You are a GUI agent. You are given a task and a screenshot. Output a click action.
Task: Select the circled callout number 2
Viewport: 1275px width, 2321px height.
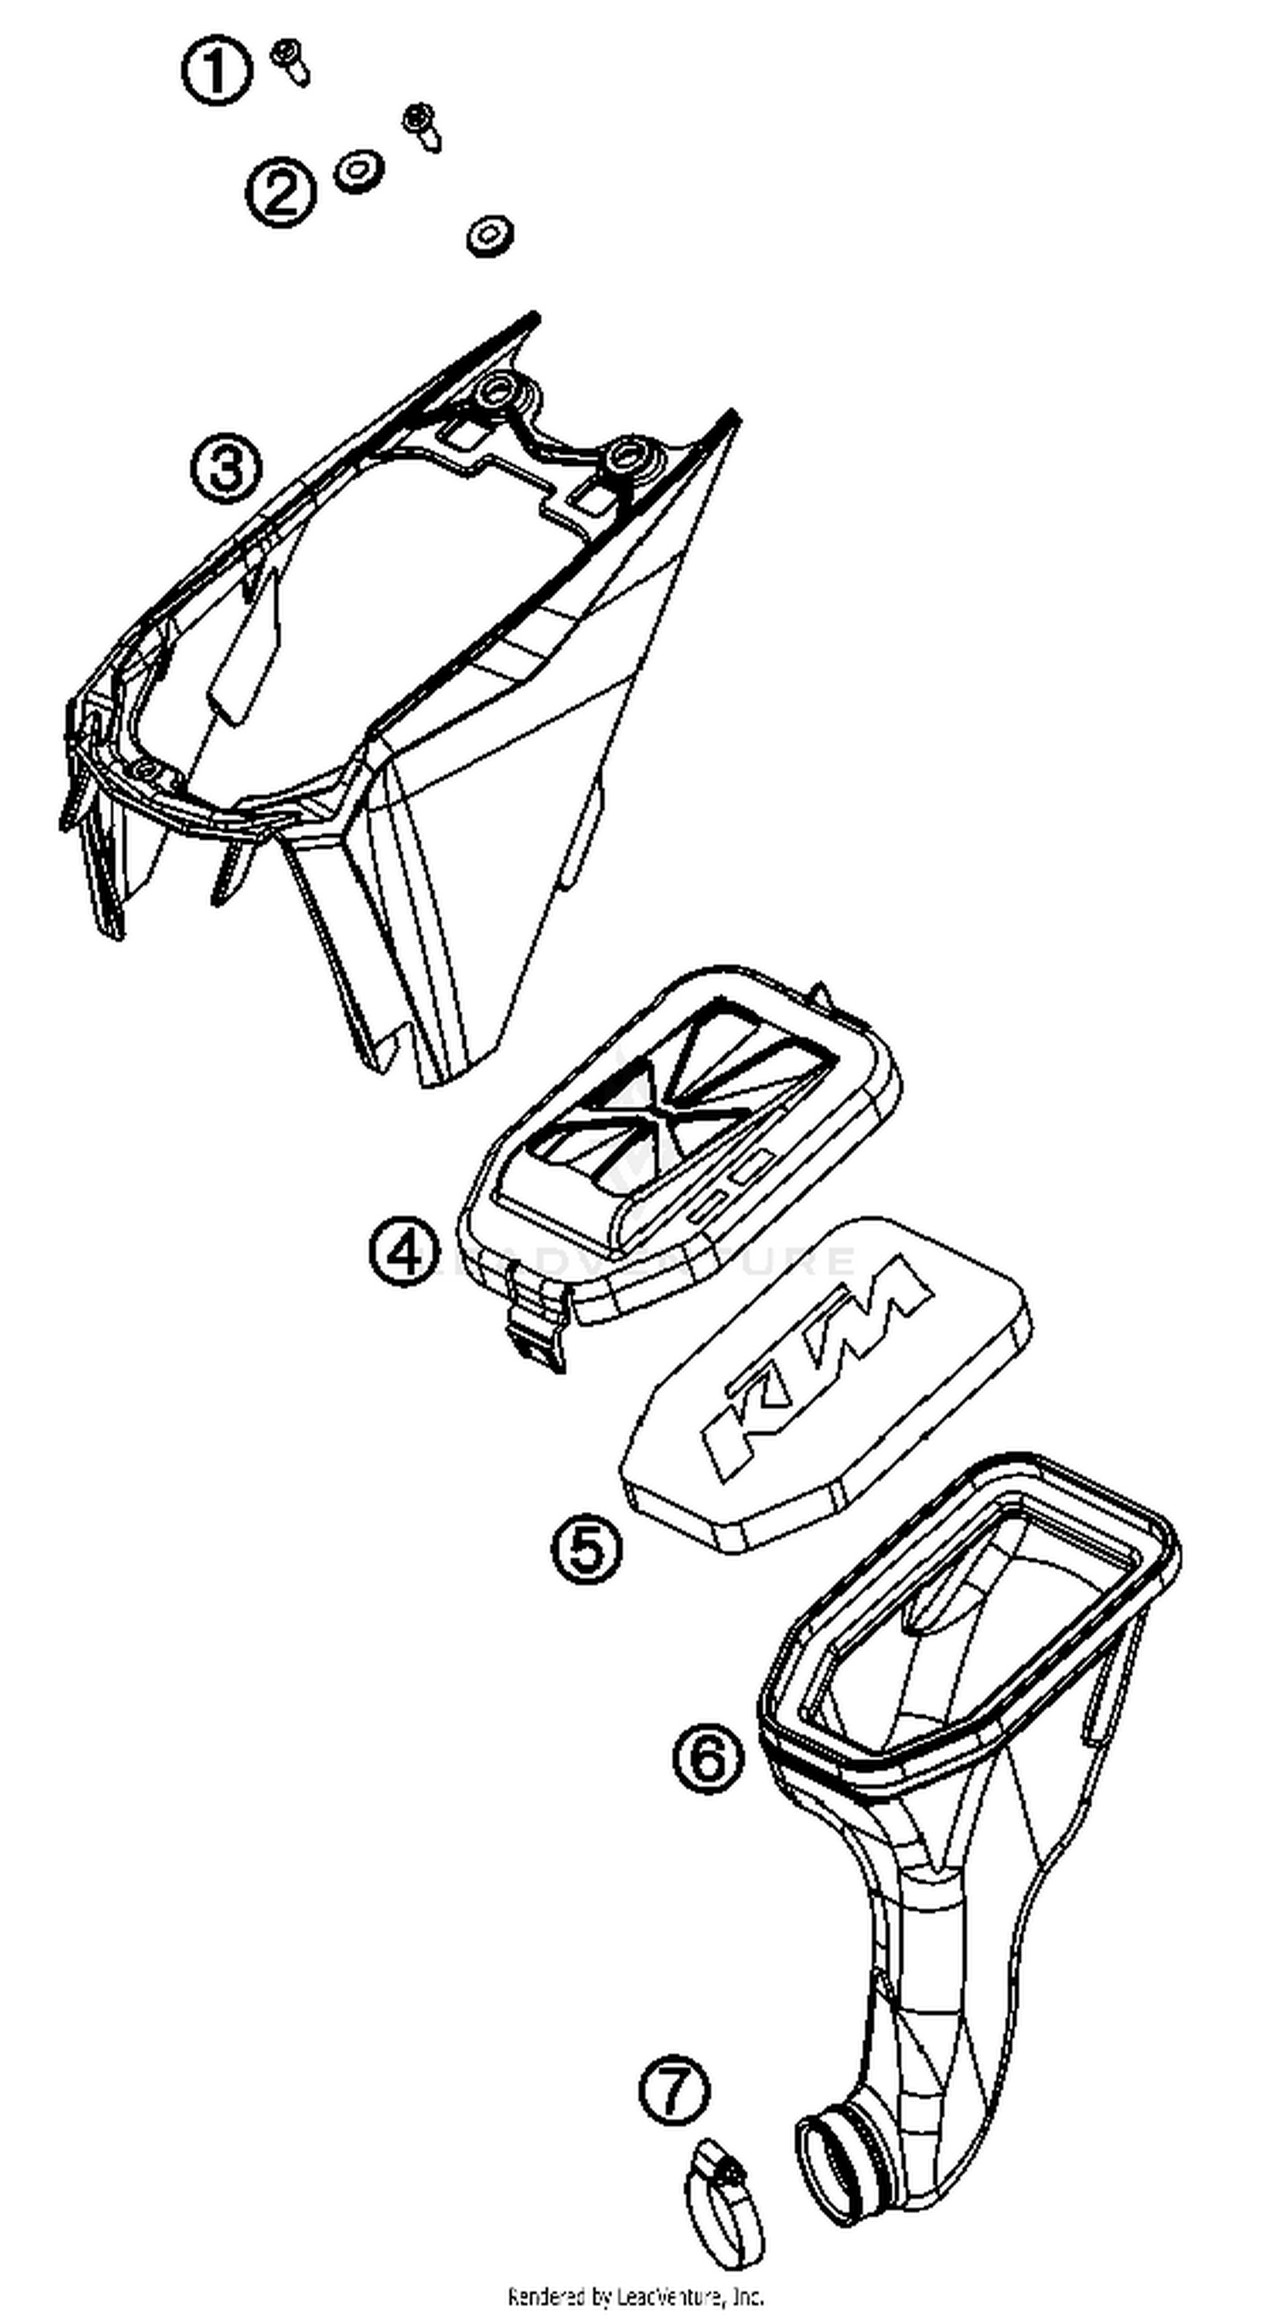[x=281, y=193]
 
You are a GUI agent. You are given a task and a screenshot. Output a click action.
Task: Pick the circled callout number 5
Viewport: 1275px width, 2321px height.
[x=586, y=1548]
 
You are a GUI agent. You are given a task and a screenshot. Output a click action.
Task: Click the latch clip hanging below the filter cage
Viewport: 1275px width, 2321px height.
[x=538, y=1322]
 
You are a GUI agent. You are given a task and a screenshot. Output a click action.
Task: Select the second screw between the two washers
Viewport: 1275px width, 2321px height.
[x=422, y=125]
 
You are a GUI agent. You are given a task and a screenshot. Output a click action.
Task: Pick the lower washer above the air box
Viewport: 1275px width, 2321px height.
[x=490, y=235]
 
